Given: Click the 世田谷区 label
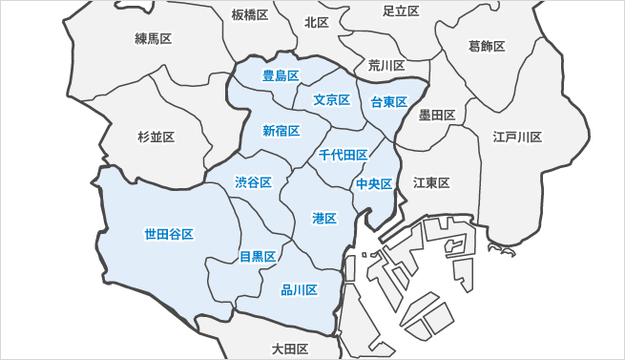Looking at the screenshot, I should (169, 234).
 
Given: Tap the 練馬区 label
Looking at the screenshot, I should (153, 39).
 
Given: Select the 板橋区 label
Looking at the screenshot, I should (250, 15).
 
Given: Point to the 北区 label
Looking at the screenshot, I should (317, 22).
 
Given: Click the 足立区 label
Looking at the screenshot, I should (401, 11).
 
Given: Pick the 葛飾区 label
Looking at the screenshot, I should (487, 46).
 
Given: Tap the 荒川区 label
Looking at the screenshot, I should (386, 66).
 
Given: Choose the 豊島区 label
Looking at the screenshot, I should (281, 75).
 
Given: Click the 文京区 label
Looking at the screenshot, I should (331, 100).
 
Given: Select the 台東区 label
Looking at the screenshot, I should (389, 102).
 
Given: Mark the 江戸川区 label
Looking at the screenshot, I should (517, 138).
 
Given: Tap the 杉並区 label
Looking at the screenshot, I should (156, 138).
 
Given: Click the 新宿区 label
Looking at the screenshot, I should (281, 131).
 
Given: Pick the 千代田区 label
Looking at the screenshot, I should (344, 155).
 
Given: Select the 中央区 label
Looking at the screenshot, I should (374, 184).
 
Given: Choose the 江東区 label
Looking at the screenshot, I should (431, 182).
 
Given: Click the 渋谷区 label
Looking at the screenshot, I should (254, 182).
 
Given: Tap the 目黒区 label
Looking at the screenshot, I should (258, 257).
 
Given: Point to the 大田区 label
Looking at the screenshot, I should (289, 349).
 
